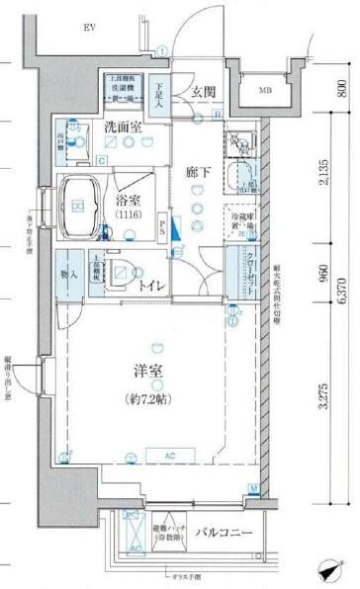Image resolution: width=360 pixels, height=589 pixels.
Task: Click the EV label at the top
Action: (90, 29)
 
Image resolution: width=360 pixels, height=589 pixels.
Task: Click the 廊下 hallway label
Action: (200, 171)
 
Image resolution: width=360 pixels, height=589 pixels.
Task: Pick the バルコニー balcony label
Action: (225, 534)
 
